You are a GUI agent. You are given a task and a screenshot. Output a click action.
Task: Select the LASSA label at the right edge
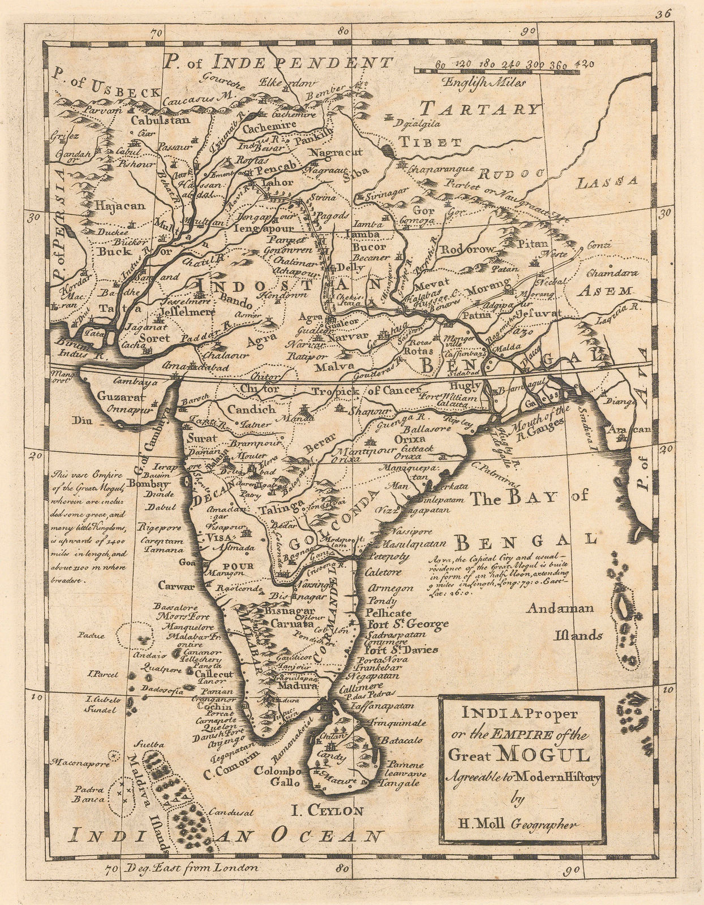click(607, 182)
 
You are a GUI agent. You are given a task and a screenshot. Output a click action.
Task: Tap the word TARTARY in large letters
click(480, 109)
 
